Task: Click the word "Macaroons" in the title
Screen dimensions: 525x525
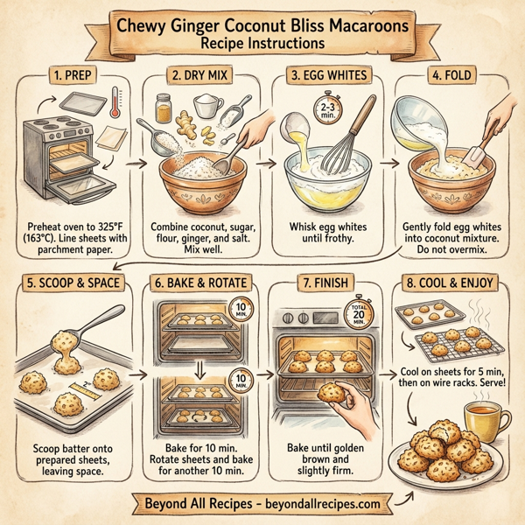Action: tap(359, 28)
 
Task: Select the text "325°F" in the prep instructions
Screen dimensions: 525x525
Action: tap(98, 218)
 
